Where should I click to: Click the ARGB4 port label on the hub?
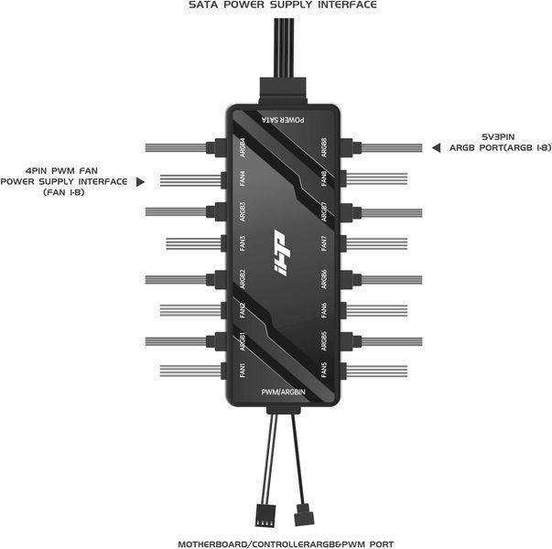243,147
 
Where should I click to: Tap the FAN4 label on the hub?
243,178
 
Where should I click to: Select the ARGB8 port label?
324,147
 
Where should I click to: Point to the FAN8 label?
324,178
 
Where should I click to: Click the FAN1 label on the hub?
243,371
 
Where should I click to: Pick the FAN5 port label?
324,371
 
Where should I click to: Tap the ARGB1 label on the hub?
243,341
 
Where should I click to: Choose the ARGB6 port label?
324,279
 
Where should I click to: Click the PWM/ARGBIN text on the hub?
283,392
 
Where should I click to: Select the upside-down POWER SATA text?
283,120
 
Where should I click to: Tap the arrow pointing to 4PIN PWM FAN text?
140,181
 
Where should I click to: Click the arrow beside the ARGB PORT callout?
436,148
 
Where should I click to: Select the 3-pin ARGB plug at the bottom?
304,515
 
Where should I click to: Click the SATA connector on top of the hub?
283,91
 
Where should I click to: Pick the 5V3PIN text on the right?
498,136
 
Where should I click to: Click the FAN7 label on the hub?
324,243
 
